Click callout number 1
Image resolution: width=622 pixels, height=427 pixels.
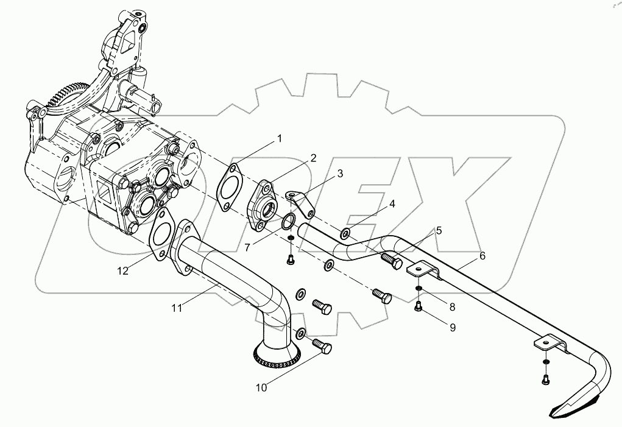click(280, 139)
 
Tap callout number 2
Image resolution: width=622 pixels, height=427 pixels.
click(313, 158)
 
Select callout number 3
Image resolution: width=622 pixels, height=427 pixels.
click(340, 174)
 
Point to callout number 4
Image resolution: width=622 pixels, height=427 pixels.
click(392, 204)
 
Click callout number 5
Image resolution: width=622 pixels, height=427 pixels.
click(438, 231)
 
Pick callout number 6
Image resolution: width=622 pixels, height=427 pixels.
click(482, 256)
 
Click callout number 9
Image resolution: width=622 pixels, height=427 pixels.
click(452, 327)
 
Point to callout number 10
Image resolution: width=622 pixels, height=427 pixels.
click(261, 387)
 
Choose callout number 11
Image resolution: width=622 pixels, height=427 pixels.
click(177, 309)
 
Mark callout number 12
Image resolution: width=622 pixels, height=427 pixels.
click(123, 271)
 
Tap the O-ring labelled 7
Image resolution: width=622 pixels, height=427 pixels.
click(291, 222)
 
